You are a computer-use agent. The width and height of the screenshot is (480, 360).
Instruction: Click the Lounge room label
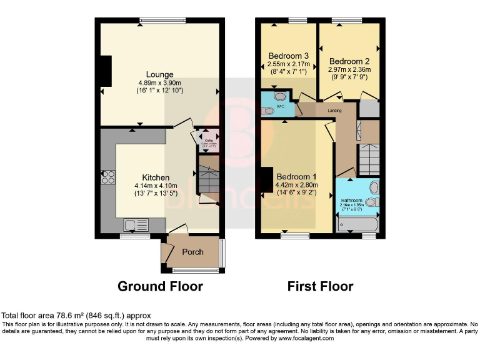point(160,74)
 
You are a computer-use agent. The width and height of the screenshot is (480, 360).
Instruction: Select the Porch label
point(192,252)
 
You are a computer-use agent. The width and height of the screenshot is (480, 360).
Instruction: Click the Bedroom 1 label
point(297,176)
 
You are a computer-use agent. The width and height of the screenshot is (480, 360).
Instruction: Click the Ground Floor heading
point(161,286)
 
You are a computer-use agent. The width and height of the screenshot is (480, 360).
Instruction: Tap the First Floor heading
point(320,286)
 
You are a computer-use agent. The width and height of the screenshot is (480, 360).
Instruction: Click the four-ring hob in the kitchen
point(107,177)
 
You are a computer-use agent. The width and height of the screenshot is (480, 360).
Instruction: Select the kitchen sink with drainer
point(136,224)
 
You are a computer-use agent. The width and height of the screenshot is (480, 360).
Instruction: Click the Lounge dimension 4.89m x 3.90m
point(160,82)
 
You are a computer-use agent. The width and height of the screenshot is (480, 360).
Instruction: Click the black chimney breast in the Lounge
point(106,71)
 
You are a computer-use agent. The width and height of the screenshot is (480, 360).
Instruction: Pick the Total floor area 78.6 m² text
point(76,316)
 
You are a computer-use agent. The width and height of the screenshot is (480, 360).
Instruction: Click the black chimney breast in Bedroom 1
point(267,180)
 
